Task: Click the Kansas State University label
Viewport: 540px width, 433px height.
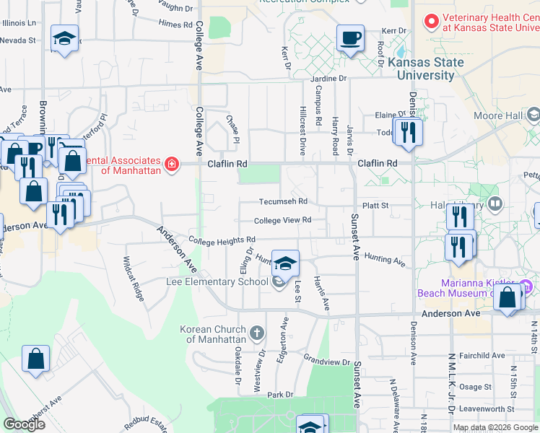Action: pos(426,69)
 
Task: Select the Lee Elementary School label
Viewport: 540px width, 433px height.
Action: pos(217,281)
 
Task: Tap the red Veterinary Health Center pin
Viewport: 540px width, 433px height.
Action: pos(431,22)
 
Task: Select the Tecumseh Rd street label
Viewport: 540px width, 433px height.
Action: pos(284,201)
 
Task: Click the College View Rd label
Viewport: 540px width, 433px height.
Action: pos(282,220)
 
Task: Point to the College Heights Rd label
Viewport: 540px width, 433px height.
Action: pos(222,240)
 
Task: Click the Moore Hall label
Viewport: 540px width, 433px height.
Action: pos(498,115)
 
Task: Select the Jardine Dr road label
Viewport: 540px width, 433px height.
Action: pos(328,78)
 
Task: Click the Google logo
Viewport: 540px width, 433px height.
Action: pos(24,424)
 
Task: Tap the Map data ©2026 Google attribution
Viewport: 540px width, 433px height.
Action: pos(495,427)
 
